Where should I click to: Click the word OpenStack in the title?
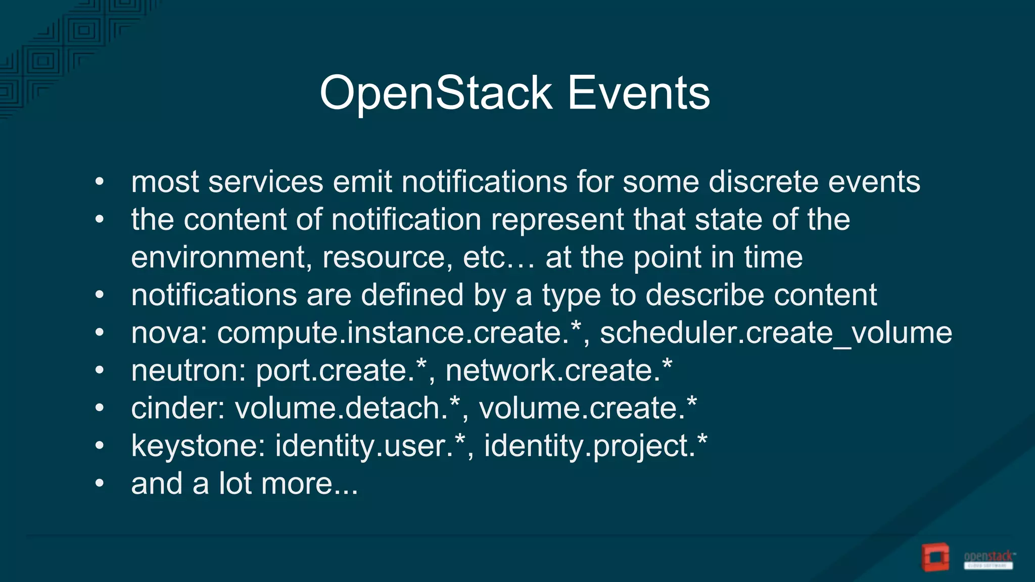pos(436,93)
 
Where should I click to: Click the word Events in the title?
pos(639,93)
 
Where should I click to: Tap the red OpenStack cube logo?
pos(935,557)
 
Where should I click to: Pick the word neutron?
pos(188,371)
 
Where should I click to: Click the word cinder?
pos(178,408)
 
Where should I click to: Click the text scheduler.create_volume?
pos(776,333)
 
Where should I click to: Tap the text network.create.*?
pos(559,371)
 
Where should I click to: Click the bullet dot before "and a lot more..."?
pos(100,483)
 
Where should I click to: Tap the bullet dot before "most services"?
pos(100,182)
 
